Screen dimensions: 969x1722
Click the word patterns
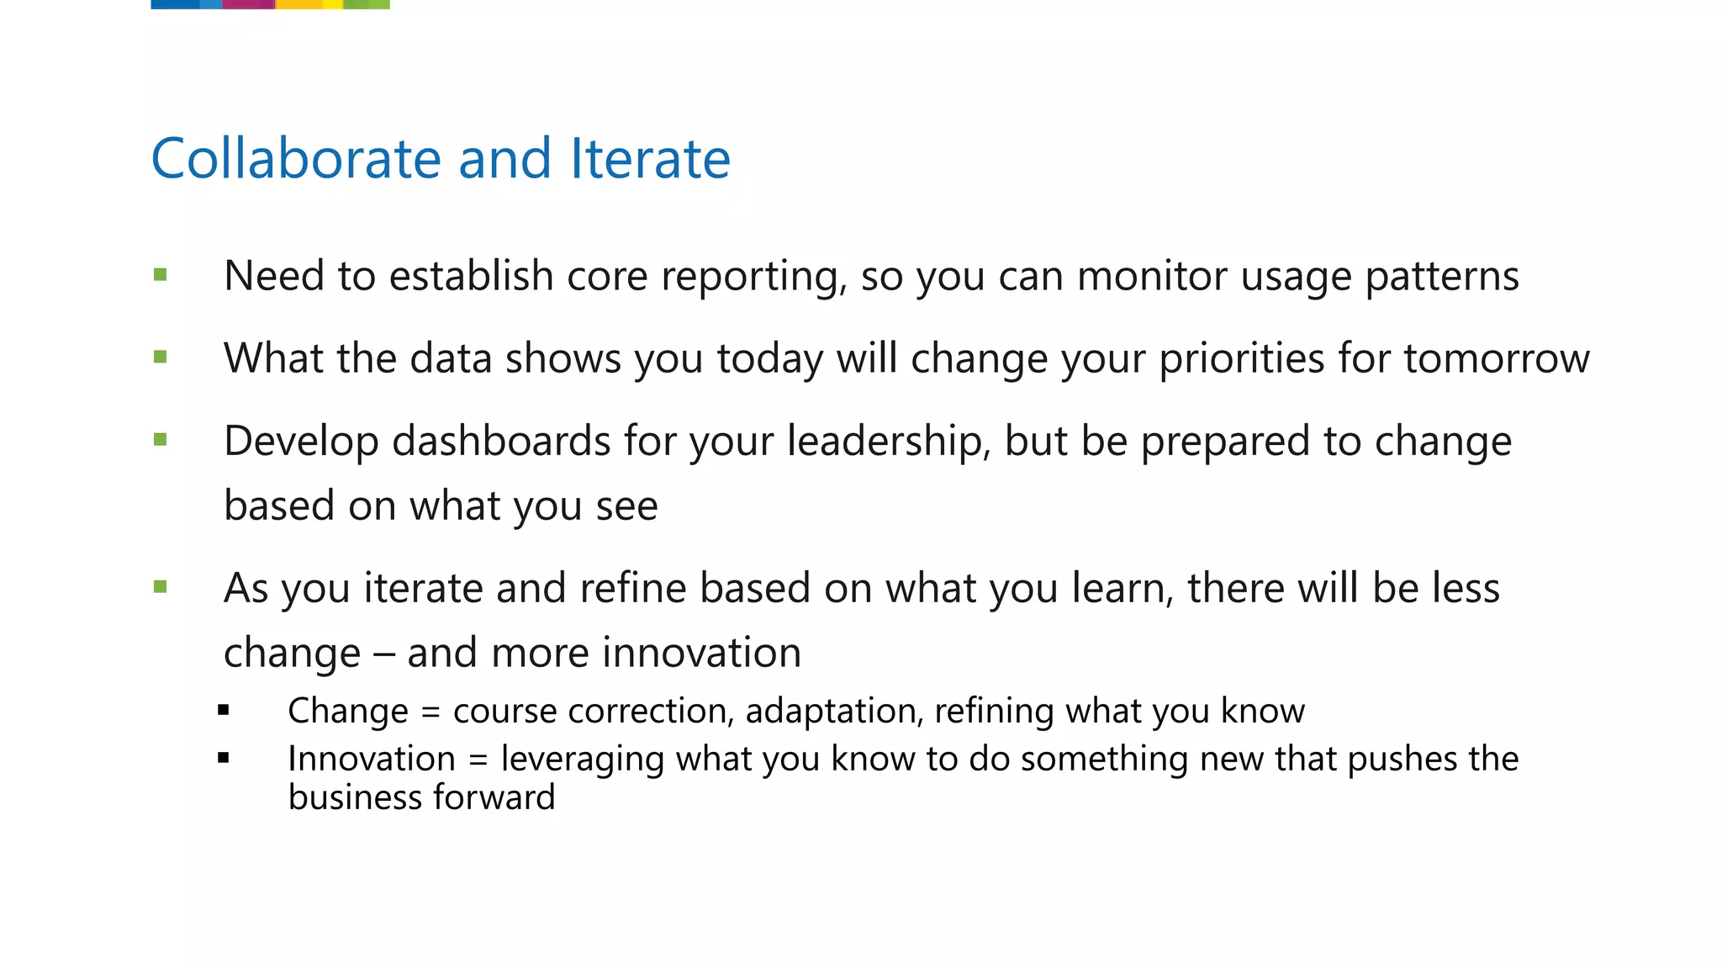coord(1441,278)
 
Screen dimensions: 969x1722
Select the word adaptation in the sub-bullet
coord(833,712)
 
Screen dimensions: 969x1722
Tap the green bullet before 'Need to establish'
coord(161,275)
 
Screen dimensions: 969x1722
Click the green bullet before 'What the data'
coord(161,357)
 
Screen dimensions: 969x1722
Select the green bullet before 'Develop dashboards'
coord(161,439)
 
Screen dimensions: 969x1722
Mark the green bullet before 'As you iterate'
coord(161,586)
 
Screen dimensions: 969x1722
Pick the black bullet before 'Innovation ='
coord(223,758)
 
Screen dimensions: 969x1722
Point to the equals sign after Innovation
coord(478,760)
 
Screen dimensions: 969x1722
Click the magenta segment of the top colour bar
coord(249,4)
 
